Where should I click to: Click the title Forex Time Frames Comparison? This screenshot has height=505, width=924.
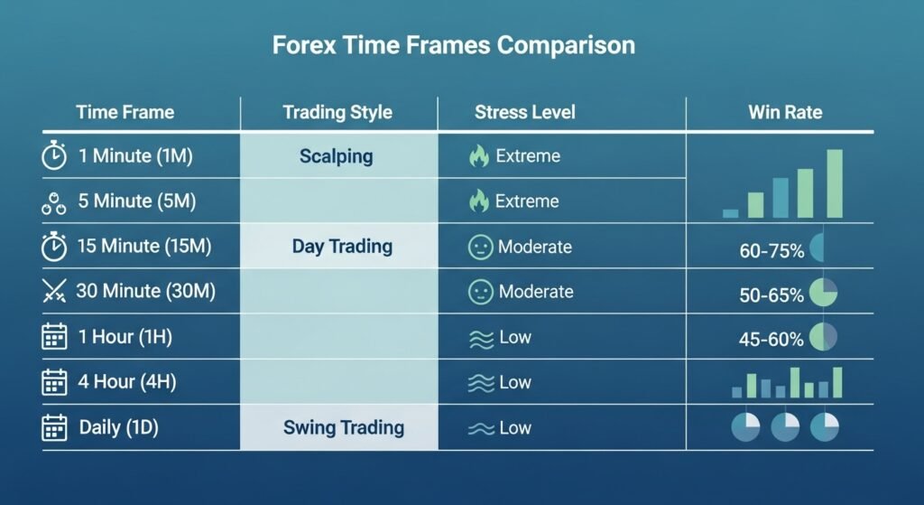pos(454,45)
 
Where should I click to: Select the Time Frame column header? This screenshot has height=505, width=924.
pos(125,112)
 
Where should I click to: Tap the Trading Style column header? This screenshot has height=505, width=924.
pos(337,112)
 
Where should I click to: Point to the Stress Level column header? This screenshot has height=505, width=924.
pos(525,112)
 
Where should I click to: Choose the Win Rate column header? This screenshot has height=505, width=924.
pos(786,112)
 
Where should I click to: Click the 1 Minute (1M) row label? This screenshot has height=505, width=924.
pos(135,155)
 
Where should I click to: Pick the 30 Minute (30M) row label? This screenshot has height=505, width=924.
pos(145,291)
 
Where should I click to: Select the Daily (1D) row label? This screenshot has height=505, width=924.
pos(118,427)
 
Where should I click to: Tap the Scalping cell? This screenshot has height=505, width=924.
pos(336,156)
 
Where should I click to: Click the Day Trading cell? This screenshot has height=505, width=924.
pos(342,246)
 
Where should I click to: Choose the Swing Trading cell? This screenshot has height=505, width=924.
pos(344,427)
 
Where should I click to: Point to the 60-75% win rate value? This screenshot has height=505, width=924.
pos(772,251)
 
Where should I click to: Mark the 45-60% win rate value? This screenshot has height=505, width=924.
pos(771,339)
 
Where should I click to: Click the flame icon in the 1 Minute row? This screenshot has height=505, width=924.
pos(479,156)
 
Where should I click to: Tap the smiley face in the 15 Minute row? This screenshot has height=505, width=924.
pos(480,247)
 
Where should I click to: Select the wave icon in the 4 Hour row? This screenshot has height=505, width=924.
pos(481,383)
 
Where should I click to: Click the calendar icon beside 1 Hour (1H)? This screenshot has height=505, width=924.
pos(54,336)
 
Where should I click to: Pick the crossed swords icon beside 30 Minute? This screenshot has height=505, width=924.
pos(54,291)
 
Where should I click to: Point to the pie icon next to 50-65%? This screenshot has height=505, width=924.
pos(823,292)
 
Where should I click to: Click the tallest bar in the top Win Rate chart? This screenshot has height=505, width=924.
pos(835,183)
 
